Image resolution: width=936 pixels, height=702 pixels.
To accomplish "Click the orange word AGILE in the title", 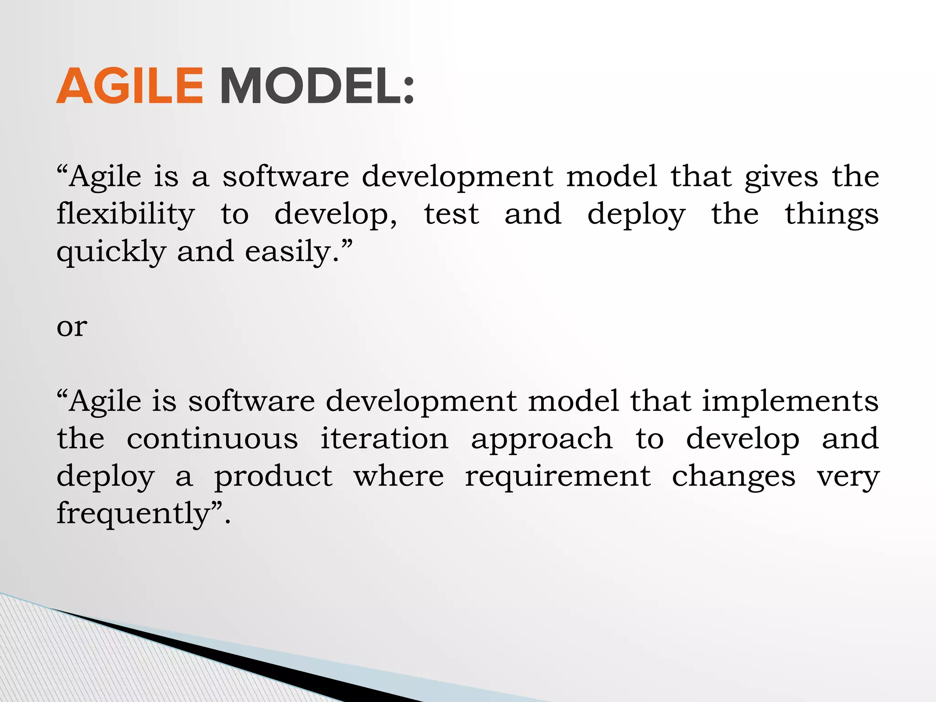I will coord(130,86).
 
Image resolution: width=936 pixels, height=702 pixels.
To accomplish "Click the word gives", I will coord(781,177).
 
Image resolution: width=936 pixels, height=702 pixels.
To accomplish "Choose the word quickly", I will coord(111,252).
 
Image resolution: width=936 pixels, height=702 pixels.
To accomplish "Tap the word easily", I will coord(292,252).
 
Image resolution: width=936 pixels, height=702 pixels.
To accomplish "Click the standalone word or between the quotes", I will coord(72,327).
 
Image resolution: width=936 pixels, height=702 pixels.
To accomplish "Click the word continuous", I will coord(213,439).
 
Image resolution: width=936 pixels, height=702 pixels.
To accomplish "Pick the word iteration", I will coord(384,439).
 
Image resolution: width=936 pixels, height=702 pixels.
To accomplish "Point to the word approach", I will coord(542,439).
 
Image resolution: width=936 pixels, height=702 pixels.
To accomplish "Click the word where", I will coord(399,476).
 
